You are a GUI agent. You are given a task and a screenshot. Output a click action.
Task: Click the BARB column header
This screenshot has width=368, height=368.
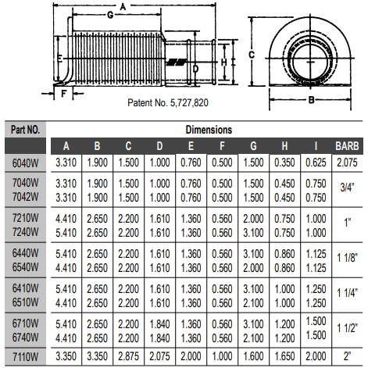[x=346, y=145]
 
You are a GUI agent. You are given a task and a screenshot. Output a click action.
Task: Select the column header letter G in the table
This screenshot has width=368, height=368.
[x=252, y=145]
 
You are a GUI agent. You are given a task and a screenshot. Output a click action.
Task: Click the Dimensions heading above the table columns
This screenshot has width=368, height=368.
[x=208, y=129]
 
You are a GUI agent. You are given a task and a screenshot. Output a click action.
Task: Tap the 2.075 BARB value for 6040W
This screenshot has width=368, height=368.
[x=346, y=162]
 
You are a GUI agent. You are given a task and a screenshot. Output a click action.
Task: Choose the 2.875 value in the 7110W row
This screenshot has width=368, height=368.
[x=128, y=356]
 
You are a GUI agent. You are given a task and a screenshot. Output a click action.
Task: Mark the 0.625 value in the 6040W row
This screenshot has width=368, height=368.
[x=314, y=162]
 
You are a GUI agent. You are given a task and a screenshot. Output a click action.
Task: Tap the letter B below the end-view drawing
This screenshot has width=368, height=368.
[x=310, y=100]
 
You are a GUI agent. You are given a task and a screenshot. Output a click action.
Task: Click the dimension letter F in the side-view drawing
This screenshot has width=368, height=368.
[x=63, y=92]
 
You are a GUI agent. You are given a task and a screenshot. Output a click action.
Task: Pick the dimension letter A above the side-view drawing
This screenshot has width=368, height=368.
[x=123, y=5]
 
